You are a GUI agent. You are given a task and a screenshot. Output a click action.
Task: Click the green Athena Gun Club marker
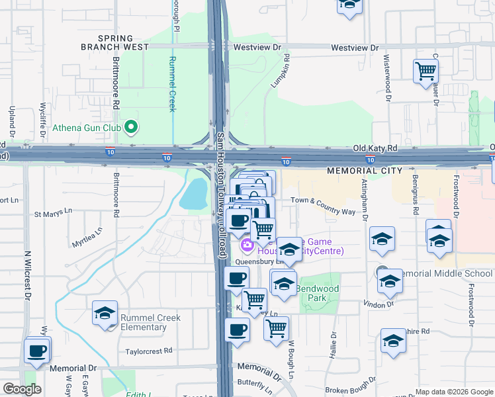[x=131, y=126]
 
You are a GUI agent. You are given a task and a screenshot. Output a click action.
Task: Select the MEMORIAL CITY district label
[x=365, y=171]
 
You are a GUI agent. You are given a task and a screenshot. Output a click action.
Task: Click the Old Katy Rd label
[x=375, y=149]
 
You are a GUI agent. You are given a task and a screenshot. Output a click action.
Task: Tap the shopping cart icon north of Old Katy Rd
[x=426, y=70]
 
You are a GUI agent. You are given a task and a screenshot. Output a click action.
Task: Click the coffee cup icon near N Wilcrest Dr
[x=37, y=351]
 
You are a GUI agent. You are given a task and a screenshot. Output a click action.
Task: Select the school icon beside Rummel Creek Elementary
[x=105, y=314]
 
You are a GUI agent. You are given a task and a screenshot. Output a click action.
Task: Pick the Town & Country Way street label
[x=322, y=206]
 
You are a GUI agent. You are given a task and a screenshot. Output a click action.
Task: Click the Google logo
[x=21, y=390]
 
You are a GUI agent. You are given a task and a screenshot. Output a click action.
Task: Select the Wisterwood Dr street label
[x=386, y=73]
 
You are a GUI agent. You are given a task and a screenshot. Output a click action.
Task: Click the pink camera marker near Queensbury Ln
[x=247, y=246]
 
